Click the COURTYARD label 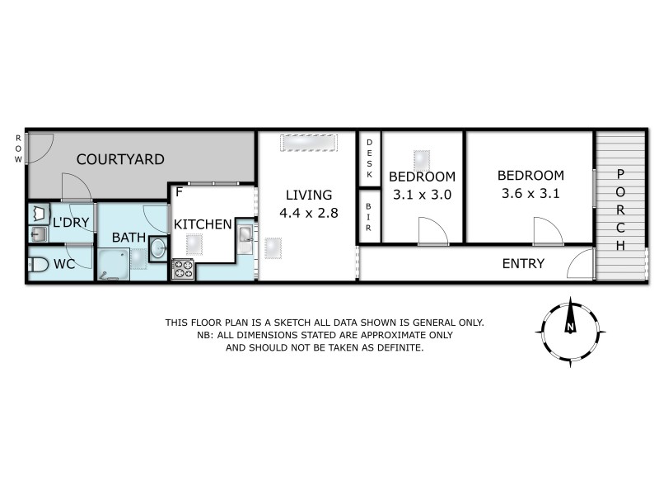(120, 159)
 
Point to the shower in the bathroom (114, 265)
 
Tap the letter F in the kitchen (179, 192)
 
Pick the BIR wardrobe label (369, 216)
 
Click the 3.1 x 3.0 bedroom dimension (422, 195)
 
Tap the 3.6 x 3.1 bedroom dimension (530, 194)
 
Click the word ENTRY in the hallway (523, 264)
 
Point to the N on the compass (569, 328)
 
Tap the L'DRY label (70, 223)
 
